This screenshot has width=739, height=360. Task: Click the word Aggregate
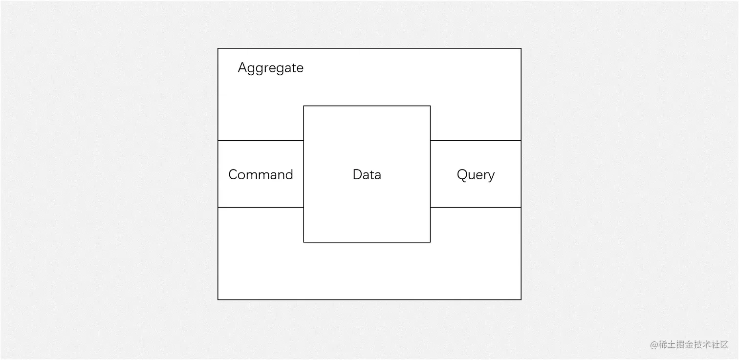click(270, 68)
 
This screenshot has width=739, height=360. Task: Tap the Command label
click(261, 174)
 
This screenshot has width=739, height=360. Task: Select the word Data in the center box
click(367, 174)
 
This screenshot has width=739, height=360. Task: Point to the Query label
click(476, 174)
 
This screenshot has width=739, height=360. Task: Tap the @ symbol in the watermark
click(654, 345)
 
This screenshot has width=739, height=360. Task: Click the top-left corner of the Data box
click(304, 106)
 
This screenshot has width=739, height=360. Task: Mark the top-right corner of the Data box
click(430, 106)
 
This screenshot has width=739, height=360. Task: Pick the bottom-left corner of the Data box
click(304, 242)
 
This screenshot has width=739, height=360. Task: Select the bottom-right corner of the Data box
click(430, 242)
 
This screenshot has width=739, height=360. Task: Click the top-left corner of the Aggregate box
click(218, 48)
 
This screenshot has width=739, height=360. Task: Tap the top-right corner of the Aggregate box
click(521, 48)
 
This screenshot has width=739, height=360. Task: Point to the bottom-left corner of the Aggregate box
click(218, 299)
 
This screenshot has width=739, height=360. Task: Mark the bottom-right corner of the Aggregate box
click(521, 299)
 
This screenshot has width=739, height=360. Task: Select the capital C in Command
click(233, 174)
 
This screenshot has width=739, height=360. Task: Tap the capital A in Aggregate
click(242, 67)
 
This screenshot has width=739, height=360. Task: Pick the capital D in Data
click(357, 174)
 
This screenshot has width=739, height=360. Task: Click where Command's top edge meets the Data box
click(304, 141)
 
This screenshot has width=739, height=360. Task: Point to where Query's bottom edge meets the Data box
click(430, 208)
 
